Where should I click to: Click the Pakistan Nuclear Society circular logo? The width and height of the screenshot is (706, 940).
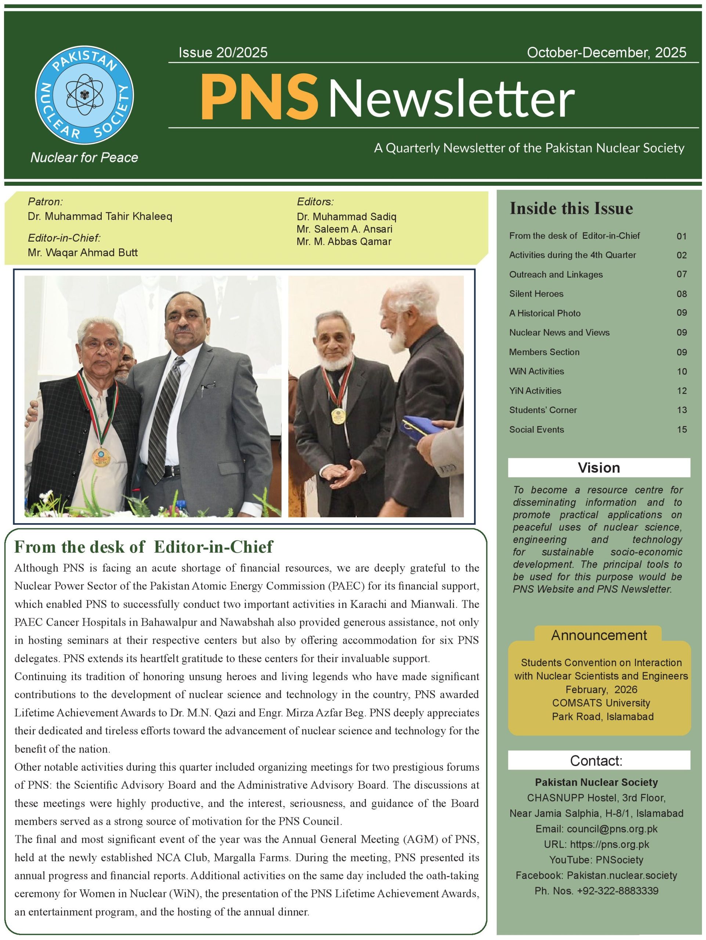[84, 95]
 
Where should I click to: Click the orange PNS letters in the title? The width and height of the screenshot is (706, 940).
[259, 97]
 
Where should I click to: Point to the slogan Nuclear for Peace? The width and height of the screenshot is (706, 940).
[84, 158]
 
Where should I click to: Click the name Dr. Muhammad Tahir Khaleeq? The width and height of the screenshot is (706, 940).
[100, 216]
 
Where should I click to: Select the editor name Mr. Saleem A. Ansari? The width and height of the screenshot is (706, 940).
[344, 229]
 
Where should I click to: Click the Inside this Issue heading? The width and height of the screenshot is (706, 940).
[571, 208]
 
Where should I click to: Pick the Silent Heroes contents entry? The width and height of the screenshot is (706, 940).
[536, 294]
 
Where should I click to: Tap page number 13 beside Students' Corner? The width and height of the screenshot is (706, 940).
[681, 410]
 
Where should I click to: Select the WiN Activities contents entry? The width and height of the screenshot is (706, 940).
[536, 371]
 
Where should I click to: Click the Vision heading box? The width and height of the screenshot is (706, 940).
[598, 467]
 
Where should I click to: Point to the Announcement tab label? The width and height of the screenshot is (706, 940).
[598, 635]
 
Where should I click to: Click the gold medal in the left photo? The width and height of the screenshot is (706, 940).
[101, 458]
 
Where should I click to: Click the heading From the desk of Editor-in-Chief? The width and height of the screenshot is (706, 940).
[144, 547]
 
